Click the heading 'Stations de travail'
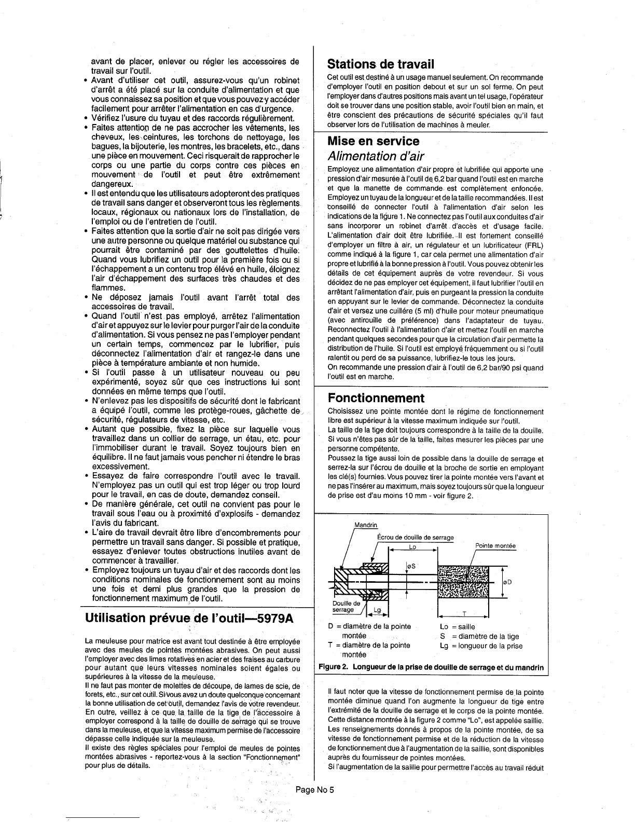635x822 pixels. (x=380, y=64)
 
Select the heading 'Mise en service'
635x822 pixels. (x=373, y=141)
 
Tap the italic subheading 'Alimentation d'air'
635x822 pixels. (x=376, y=156)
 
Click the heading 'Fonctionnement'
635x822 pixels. (x=376, y=398)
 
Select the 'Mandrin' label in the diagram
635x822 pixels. (x=365, y=525)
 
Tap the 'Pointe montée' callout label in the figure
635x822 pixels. (x=495, y=546)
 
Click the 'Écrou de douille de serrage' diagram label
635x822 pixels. (x=415, y=537)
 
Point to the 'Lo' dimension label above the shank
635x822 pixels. (x=412, y=547)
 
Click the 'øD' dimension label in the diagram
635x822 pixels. (x=507, y=582)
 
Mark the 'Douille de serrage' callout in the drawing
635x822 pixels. (x=346, y=607)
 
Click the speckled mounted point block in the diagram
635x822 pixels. (x=464, y=582)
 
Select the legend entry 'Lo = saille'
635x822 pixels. (x=457, y=627)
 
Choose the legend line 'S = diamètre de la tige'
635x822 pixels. (x=479, y=636)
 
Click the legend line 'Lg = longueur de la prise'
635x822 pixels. (x=481, y=646)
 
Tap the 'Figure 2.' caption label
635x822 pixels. (x=333, y=667)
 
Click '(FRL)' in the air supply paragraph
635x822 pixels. (x=533, y=245)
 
